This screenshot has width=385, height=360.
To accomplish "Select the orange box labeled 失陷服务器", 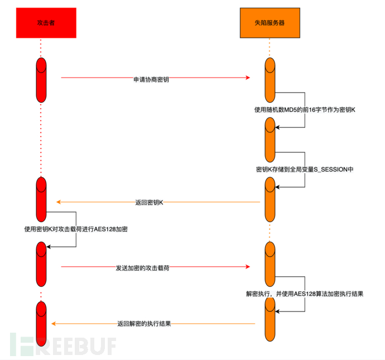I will [269, 23].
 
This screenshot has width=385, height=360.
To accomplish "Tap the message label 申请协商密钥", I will [151, 79].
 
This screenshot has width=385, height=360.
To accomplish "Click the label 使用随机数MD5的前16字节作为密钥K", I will [305, 110].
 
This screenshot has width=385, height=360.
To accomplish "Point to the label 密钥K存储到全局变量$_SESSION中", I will [305, 168].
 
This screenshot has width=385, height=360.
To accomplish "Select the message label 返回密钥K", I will [149, 203].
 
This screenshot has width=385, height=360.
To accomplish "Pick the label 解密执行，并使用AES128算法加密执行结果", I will [305, 293].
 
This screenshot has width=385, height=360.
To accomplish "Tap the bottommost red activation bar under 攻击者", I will [41, 324].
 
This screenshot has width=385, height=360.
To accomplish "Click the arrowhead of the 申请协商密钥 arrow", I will [247, 78].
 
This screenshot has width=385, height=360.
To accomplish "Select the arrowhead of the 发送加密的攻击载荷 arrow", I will [247, 267].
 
